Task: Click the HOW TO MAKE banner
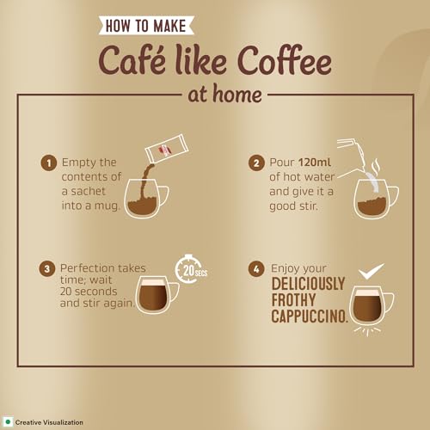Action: (x=146, y=25)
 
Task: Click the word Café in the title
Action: (x=132, y=61)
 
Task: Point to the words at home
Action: (x=225, y=95)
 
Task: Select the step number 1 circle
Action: (x=48, y=163)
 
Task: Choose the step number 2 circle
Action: (x=256, y=163)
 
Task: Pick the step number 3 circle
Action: (x=47, y=269)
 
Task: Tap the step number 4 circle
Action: (x=256, y=269)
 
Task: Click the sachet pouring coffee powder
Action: (x=167, y=148)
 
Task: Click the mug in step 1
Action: (x=145, y=199)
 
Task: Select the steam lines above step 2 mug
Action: (x=376, y=165)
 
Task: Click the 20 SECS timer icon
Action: (x=190, y=269)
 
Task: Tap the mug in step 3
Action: (x=157, y=295)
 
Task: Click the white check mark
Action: (x=371, y=271)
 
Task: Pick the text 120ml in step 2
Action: (x=315, y=163)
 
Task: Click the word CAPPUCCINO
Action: (x=310, y=316)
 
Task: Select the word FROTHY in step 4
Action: (x=293, y=300)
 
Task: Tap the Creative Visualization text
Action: (x=49, y=422)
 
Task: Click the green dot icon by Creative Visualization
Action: (x=8, y=422)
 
